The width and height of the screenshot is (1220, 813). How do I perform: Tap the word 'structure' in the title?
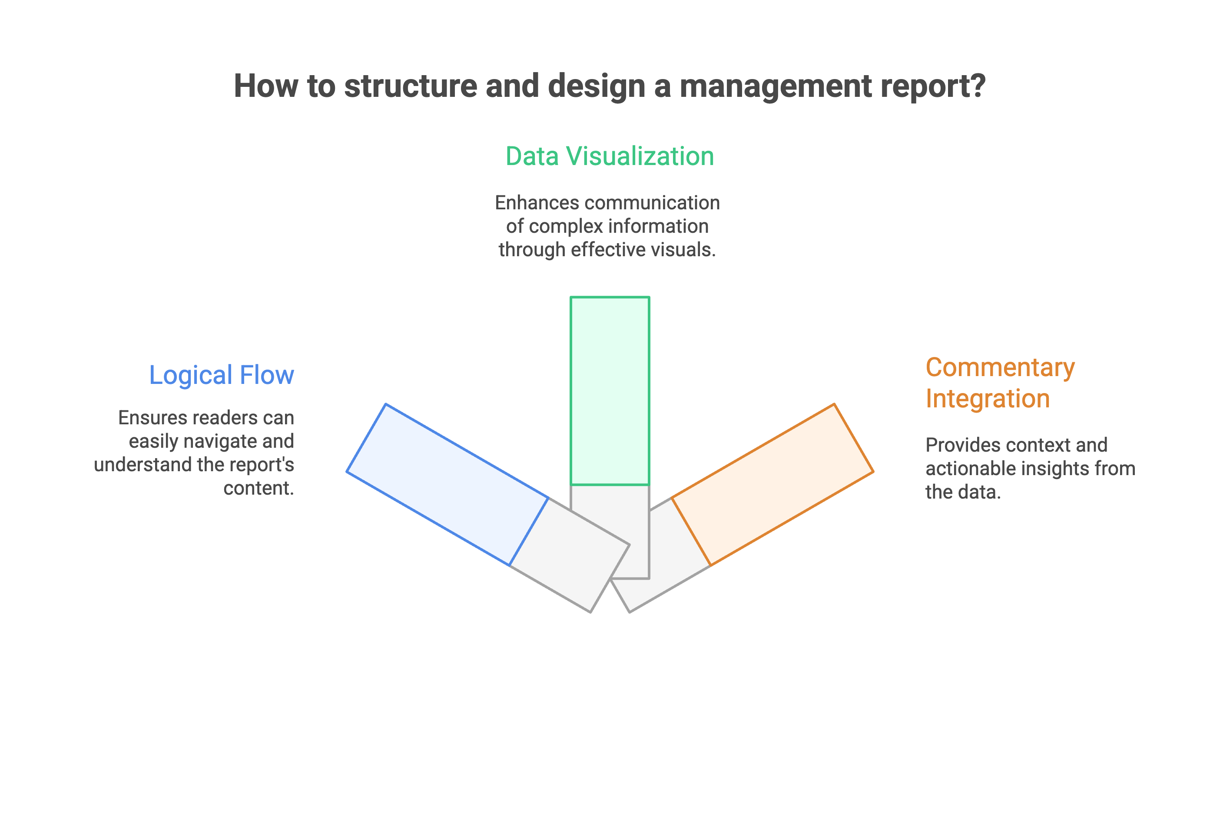(x=410, y=86)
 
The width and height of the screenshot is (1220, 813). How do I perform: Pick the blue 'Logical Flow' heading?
(x=222, y=375)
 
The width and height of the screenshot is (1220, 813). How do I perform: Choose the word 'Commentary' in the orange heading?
(x=1000, y=367)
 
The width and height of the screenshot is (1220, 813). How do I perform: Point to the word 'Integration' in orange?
(x=988, y=399)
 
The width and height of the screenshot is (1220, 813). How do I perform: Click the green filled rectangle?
(x=610, y=391)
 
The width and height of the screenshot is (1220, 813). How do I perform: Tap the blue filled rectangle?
(x=447, y=484)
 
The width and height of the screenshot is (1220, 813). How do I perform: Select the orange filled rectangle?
(x=772, y=484)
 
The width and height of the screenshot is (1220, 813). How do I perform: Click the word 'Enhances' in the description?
(x=536, y=203)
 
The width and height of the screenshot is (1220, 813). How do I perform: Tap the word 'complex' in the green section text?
(x=565, y=227)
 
